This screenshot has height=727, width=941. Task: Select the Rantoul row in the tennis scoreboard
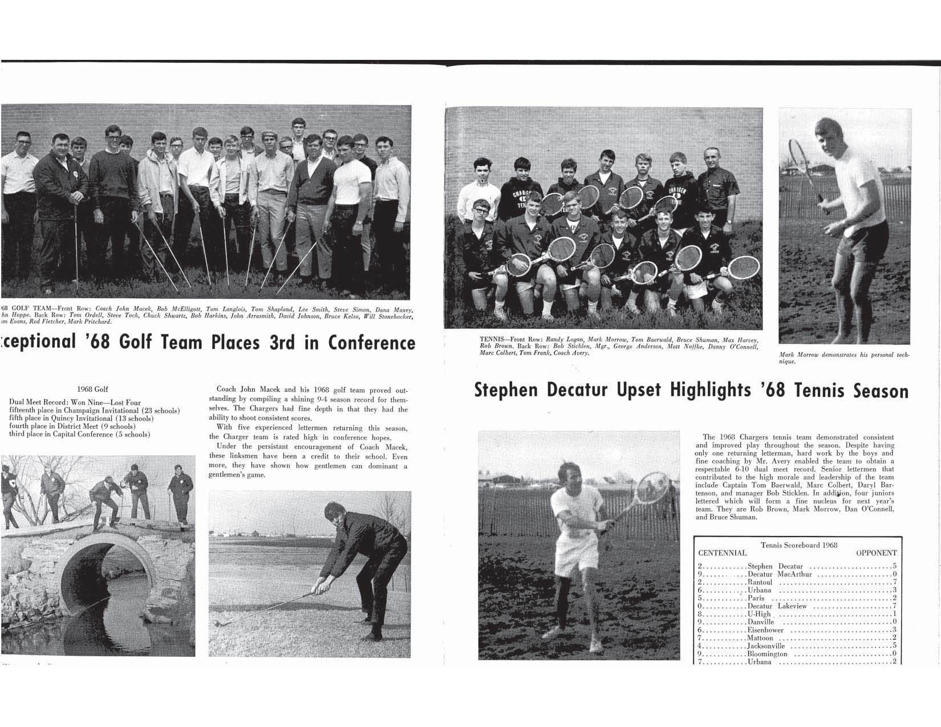(760, 582)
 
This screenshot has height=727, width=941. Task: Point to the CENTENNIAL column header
(722, 553)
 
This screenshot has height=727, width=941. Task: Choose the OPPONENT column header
(876, 553)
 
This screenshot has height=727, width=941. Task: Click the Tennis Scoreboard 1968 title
(798, 545)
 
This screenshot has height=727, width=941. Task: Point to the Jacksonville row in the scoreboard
(766, 646)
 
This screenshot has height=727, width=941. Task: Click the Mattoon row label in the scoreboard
(760, 638)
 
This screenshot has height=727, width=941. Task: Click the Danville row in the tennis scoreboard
(761, 622)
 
